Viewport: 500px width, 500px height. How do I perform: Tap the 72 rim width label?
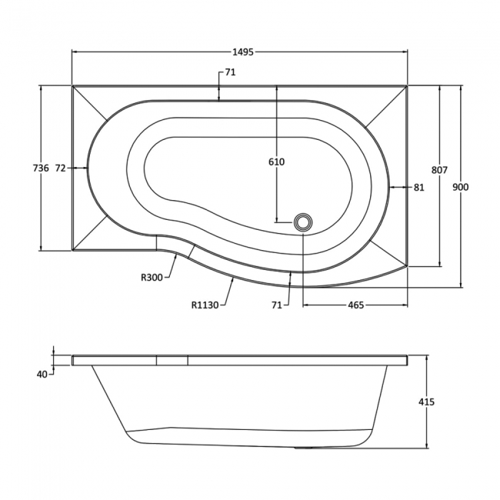[x=62, y=168]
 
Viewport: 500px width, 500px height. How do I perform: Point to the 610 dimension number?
[x=276, y=162]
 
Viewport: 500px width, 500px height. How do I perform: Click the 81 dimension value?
[x=418, y=187]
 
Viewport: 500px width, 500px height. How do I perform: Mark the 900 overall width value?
[x=461, y=187]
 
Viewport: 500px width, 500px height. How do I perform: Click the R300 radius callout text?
[x=152, y=278]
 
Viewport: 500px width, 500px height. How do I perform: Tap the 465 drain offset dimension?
[x=355, y=305]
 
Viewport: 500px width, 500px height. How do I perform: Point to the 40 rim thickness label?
[x=42, y=374]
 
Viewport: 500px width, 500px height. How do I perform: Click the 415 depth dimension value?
[x=428, y=402]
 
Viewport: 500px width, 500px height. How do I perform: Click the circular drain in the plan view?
[x=303, y=222]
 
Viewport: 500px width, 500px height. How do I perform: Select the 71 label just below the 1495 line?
[x=229, y=72]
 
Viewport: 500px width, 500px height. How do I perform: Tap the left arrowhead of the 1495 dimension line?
[x=75, y=52]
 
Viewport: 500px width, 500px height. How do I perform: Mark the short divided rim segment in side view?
[x=172, y=359]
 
